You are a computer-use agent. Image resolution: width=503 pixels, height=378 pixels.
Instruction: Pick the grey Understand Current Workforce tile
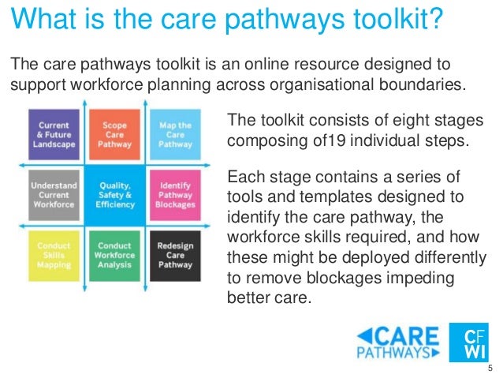click(53, 195)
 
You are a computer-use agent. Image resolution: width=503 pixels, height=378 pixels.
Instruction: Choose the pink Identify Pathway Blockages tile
click(175, 195)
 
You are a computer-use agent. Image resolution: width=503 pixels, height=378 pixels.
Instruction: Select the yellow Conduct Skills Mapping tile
click(53, 254)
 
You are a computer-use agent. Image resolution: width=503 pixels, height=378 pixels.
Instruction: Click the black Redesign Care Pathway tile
click(175, 254)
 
